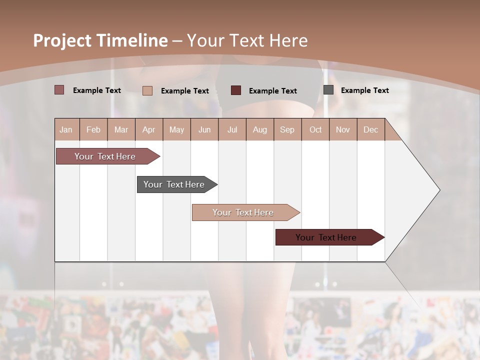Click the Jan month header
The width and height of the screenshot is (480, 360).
click(x=66, y=129)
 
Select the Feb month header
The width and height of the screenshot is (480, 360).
click(x=93, y=129)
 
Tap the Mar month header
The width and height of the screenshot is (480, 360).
click(x=121, y=129)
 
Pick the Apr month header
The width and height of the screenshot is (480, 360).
click(x=149, y=129)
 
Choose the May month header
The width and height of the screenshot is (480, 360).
click(x=176, y=129)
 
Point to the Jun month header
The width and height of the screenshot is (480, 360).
click(x=204, y=129)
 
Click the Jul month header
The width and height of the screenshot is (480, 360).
click(x=232, y=129)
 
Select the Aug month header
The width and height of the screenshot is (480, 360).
click(x=260, y=129)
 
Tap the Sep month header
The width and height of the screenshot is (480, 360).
click(x=287, y=129)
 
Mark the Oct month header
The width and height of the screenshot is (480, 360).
click(x=315, y=129)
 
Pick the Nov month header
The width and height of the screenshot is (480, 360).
click(x=343, y=129)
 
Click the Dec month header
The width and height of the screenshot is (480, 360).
click(x=371, y=129)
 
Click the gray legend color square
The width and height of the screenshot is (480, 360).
click(x=328, y=90)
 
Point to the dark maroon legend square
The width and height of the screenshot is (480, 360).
click(x=236, y=90)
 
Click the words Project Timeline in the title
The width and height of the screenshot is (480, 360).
click(x=100, y=40)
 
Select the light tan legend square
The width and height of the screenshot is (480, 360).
click(x=147, y=90)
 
